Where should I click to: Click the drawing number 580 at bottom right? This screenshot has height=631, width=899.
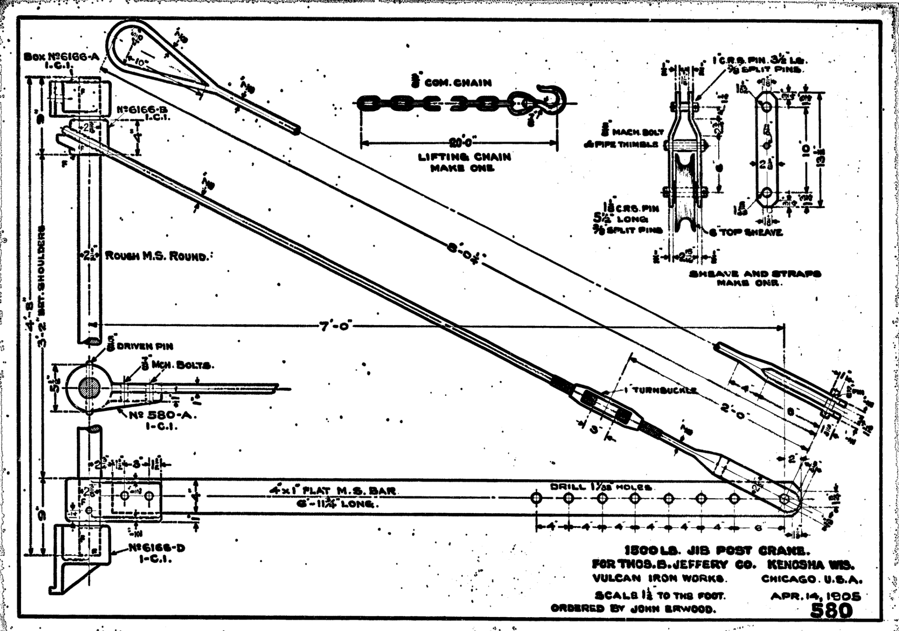click(x=832, y=611)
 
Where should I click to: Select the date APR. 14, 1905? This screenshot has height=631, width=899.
click(x=815, y=596)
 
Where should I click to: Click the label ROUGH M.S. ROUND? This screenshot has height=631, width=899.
click(x=157, y=256)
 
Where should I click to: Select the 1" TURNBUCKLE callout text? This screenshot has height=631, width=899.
click(x=661, y=390)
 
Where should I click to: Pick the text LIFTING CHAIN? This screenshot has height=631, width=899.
click(x=464, y=157)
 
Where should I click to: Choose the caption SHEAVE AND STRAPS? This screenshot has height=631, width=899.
click(x=755, y=274)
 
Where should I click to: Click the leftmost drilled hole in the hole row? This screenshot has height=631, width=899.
click(x=536, y=498)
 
